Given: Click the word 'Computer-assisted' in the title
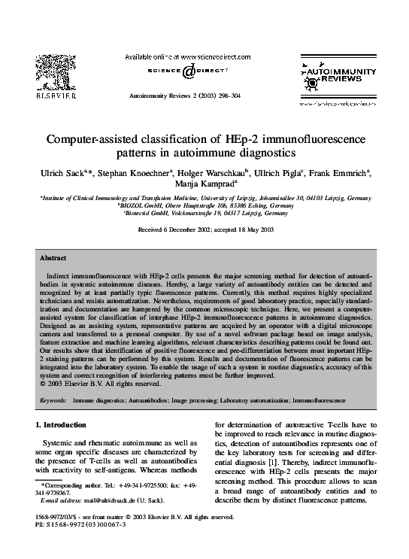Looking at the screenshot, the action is coord(91,139).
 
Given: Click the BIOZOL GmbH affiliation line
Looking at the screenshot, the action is coord(204,205).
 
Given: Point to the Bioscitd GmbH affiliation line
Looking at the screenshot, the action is coord(204,213).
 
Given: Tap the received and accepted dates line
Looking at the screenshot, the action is coord(204,229).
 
